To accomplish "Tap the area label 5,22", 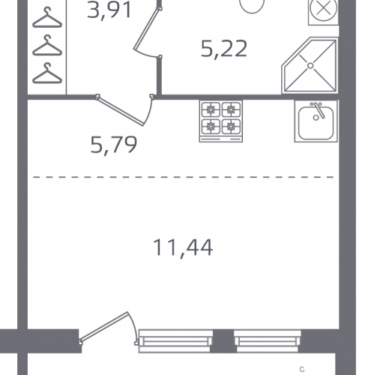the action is point(224,49).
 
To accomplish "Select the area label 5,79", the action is point(114,145).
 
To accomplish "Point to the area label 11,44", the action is point(183,248).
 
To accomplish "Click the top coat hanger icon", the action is point(47,18).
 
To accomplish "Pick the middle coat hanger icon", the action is point(47,46).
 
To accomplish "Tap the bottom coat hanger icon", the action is point(47,73).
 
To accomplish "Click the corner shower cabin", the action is point(310,66).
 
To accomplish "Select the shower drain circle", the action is point(310,66).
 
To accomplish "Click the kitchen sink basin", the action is point(316,123).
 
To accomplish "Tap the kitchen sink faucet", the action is point(319,110).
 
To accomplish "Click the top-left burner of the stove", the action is point(211,109).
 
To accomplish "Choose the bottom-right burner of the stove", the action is point(231,127).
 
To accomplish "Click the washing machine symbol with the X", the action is point(323,9).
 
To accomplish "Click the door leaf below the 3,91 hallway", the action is point(121,111).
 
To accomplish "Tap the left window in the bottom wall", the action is point(175,341).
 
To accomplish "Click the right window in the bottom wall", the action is point(268,341).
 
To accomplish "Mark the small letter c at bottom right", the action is point(302,370).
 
